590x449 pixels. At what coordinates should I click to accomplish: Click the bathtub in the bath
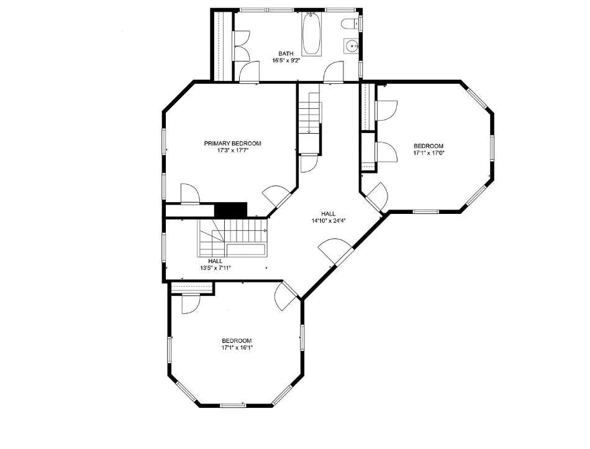[312, 34]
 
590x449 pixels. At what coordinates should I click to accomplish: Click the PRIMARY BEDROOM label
[232, 144]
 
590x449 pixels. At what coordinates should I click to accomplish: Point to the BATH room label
[286, 53]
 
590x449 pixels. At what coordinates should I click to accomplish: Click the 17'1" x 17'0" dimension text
[429, 153]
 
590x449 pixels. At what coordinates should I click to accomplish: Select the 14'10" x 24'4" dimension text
[329, 221]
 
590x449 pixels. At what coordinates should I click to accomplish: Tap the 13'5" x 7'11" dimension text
[216, 268]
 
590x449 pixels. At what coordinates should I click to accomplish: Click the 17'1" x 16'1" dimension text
[237, 348]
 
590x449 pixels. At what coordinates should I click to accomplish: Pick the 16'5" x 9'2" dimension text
[286, 60]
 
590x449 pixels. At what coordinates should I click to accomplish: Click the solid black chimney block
[230, 210]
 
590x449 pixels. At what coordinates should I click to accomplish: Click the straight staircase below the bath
[310, 119]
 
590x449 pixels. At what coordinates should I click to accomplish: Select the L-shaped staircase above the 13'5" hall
[232, 238]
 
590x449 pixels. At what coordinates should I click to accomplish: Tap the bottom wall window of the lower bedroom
[233, 405]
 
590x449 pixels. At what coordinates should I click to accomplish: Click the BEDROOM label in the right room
[429, 146]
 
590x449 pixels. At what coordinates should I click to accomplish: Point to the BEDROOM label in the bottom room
[237, 341]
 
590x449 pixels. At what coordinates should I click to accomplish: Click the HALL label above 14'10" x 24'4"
[329, 214]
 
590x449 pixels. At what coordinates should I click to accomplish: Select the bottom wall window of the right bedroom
[426, 211]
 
